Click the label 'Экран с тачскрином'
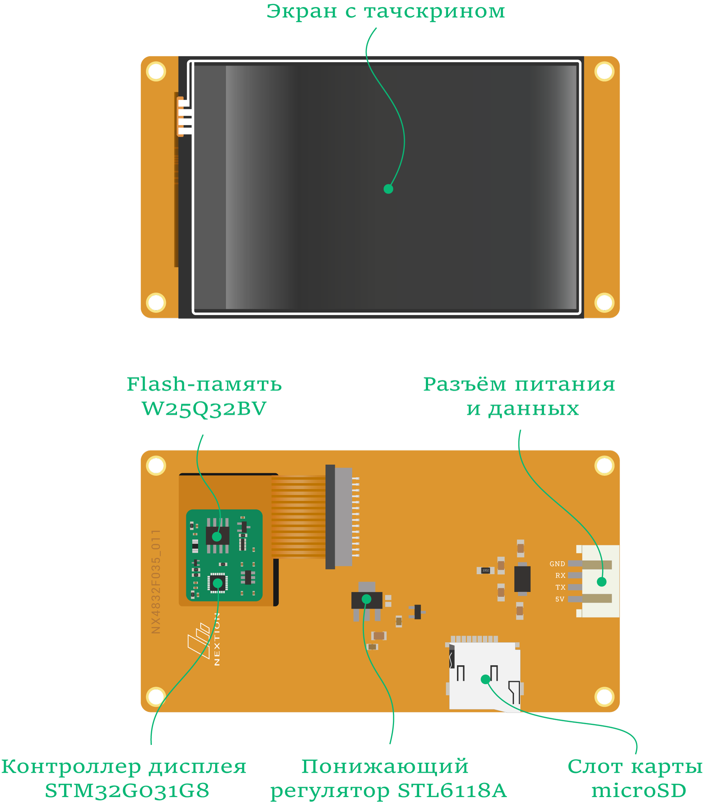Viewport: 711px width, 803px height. pyautogui.click(x=385, y=12)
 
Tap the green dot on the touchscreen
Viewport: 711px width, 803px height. pyautogui.click(x=388, y=189)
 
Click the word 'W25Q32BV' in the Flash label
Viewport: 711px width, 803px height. pyautogui.click(x=204, y=409)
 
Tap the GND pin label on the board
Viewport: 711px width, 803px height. pyautogui.click(x=557, y=564)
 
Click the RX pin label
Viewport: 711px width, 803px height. pyautogui.click(x=560, y=575)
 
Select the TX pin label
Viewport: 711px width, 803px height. pyautogui.click(x=560, y=587)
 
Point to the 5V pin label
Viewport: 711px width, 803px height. pyautogui.click(x=560, y=599)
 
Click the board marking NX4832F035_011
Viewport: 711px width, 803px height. pyautogui.click(x=156, y=581)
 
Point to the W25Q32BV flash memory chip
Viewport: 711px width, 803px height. pyautogui.click(x=217, y=535)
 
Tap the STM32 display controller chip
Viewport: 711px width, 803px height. pyautogui.click(x=217, y=583)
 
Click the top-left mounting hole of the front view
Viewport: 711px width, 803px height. pyautogui.click(x=156, y=71)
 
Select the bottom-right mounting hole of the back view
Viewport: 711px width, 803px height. pyautogui.click(x=604, y=696)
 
